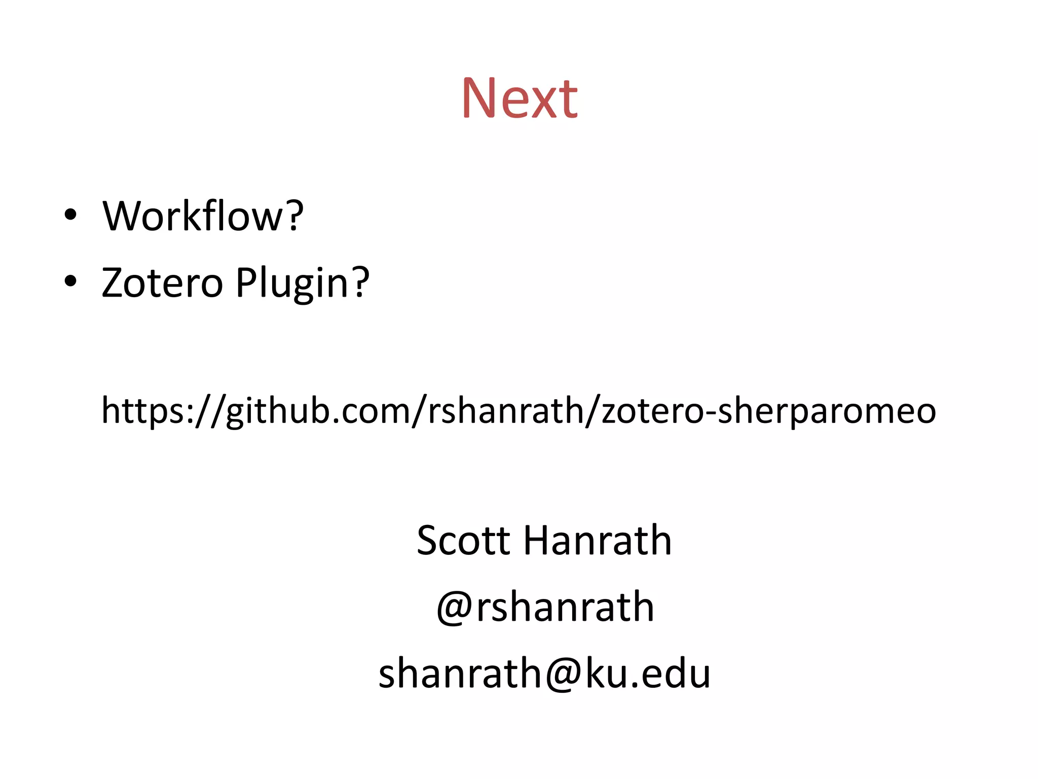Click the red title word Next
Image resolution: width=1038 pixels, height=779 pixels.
[x=520, y=98]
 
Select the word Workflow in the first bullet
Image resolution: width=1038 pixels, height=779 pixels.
[x=193, y=216]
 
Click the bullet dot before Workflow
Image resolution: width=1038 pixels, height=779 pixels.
[x=70, y=215]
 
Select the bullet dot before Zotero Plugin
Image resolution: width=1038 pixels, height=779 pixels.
[x=70, y=281]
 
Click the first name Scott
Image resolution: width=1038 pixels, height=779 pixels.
[x=463, y=541]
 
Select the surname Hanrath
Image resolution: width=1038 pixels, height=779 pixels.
[x=598, y=541]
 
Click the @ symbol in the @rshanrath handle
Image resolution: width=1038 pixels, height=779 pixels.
[x=455, y=607]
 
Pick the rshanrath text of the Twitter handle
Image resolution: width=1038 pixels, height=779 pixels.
[x=565, y=607]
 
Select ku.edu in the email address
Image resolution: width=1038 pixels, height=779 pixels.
[x=648, y=674]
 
